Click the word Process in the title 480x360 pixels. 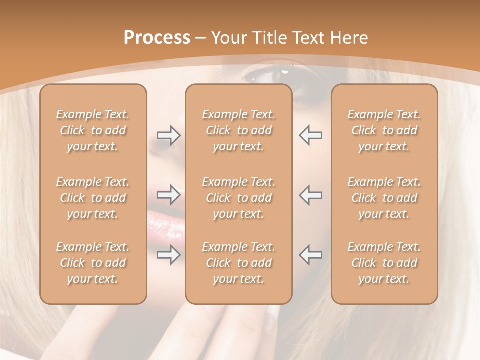157,38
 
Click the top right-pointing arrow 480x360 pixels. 168,135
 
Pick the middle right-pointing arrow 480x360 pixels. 168,195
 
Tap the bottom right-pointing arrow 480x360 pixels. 168,255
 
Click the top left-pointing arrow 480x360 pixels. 310,135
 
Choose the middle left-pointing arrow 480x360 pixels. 310,195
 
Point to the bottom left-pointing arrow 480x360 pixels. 310,255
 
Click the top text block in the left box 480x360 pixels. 93,130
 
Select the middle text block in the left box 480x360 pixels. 93,198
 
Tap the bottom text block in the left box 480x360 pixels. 93,263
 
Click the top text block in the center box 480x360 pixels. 238,130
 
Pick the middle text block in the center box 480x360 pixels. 238,198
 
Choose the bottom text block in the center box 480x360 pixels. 238,263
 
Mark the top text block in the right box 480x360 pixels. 384,130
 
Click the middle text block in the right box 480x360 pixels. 384,198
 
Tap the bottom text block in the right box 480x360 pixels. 384,263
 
